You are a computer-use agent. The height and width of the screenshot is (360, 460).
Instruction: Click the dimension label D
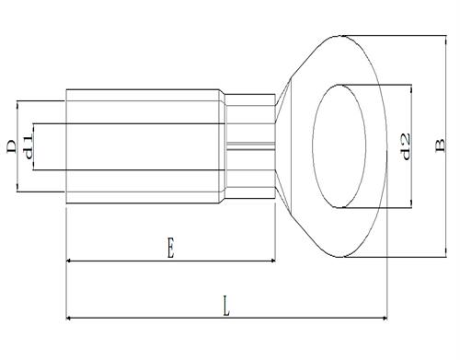12,146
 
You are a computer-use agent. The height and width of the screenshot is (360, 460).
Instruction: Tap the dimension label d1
28,147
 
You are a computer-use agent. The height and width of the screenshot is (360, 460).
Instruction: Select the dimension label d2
406,146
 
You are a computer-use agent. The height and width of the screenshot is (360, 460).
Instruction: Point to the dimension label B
440,145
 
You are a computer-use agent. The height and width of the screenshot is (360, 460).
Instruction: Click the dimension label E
170,247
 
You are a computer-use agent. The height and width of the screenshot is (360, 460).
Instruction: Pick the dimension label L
226,306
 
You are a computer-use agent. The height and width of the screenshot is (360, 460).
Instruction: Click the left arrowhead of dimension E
69,261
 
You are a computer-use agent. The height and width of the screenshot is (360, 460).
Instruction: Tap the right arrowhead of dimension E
272,261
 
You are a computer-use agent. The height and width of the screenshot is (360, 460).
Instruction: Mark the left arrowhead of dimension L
69,319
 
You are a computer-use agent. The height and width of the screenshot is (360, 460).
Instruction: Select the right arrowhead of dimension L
385,319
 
